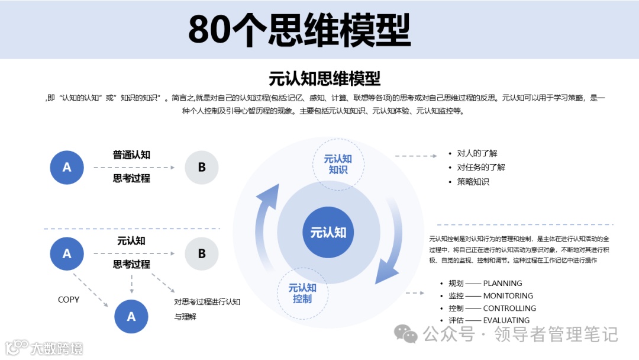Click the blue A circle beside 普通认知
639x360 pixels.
coord(67,168)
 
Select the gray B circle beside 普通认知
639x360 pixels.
coord(202,168)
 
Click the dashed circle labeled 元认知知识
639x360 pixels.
coord(338,164)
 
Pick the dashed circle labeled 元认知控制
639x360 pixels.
coord(302,293)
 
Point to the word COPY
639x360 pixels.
coord(69,300)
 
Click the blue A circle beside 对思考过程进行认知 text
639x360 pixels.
coord(131,317)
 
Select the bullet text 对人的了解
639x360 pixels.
coord(477,153)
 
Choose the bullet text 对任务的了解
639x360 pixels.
coord(481,167)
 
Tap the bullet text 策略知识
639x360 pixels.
coord(473,182)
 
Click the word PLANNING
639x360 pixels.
coord(502,284)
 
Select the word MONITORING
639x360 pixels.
coord(508,296)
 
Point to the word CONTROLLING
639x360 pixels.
coord(509,308)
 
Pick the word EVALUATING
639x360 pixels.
coord(506,321)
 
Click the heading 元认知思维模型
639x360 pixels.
coord(324,78)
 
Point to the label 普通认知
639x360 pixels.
coord(131,155)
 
